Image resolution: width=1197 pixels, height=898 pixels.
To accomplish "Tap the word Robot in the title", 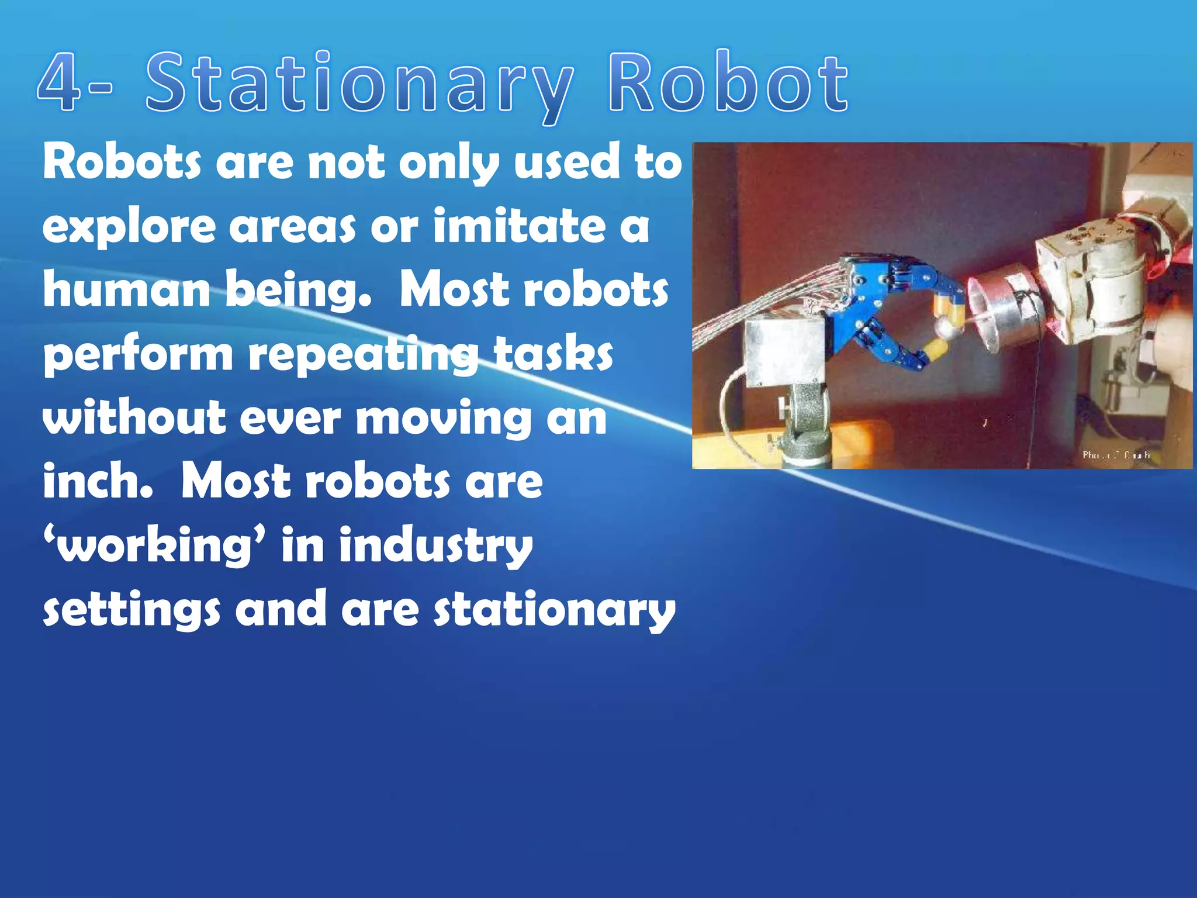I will pos(728,84).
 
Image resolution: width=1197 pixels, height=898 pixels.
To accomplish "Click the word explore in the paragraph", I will pos(129,227).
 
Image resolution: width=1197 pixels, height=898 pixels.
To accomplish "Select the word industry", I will pos(435,546).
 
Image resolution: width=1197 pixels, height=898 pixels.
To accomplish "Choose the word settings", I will pos(132,610).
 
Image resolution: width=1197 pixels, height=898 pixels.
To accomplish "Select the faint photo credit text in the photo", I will pos(1115,454).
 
